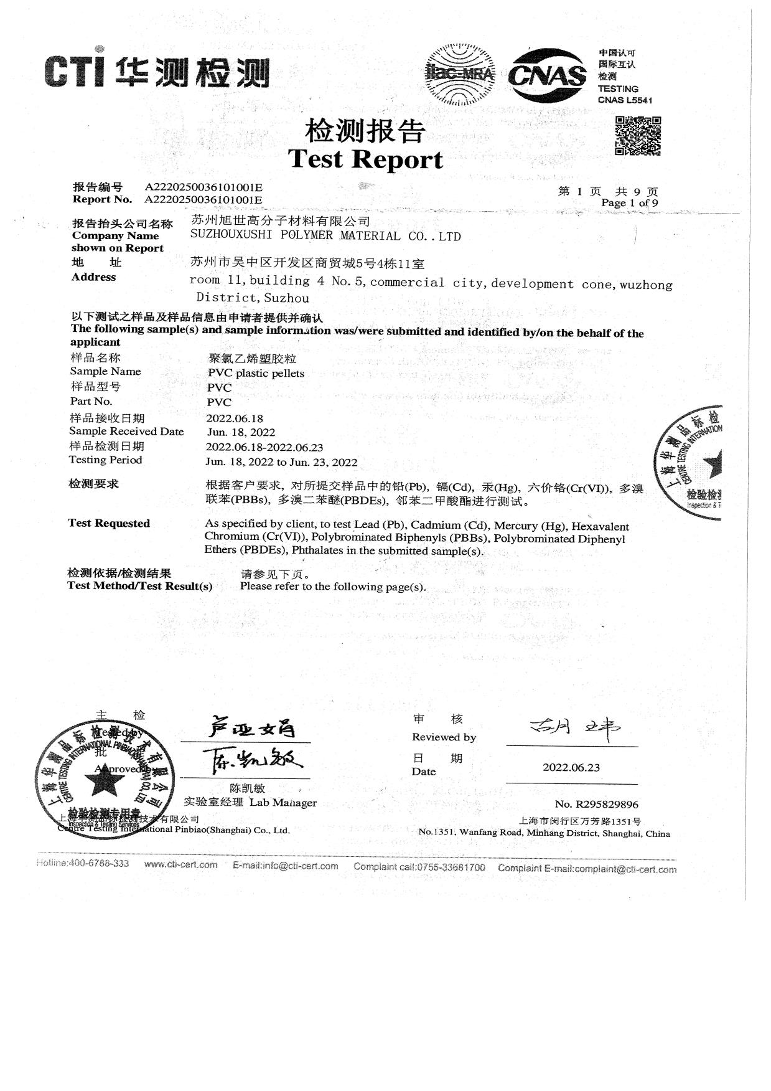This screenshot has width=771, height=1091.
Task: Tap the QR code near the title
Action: pyautogui.click(x=638, y=136)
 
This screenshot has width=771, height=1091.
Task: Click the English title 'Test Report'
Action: pyautogui.click(x=365, y=159)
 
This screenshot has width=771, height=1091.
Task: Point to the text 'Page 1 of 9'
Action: pyautogui.click(x=629, y=203)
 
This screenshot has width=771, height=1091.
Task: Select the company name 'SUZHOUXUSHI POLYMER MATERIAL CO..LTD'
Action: pyautogui.click(x=325, y=236)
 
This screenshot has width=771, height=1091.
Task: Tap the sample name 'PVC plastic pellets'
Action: pyautogui.click(x=256, y=373)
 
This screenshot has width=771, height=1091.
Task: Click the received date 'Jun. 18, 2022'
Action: pyautogui.click(x=241, y=432)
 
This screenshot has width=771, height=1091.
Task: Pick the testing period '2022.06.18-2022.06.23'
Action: pyautogui.click(x=264, y=447)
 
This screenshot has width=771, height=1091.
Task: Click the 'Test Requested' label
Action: pyautogui.click(x=109, y=523)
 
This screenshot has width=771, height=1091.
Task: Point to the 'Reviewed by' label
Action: pyautogui.click(x=444, y=737)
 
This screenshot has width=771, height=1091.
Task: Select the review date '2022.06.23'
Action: pyautogui.click(x=571, y=767)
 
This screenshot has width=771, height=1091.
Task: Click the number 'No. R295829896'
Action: pyautogui.click(x=596, y=805)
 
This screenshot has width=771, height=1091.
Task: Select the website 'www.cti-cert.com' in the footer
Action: pyautogui.click(x=180, y=864)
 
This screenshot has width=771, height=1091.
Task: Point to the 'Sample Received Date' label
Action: pyautogui.click(x=126, y=432)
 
